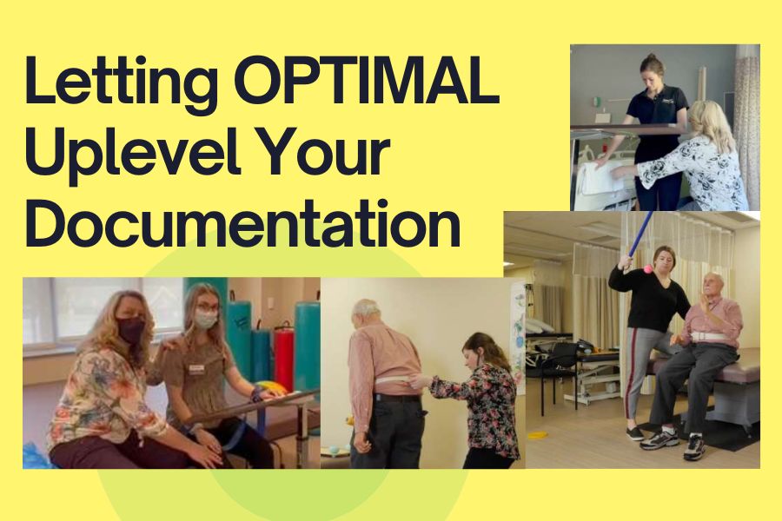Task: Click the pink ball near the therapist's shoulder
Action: coord(647,269)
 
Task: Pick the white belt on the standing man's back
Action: coord(393,381)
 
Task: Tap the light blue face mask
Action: coord(206,319)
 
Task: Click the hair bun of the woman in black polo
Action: coord(651,56)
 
